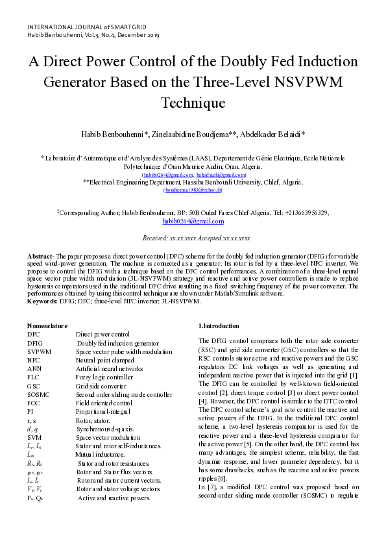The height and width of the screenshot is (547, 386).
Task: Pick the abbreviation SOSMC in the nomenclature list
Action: click(x=39, y=394)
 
